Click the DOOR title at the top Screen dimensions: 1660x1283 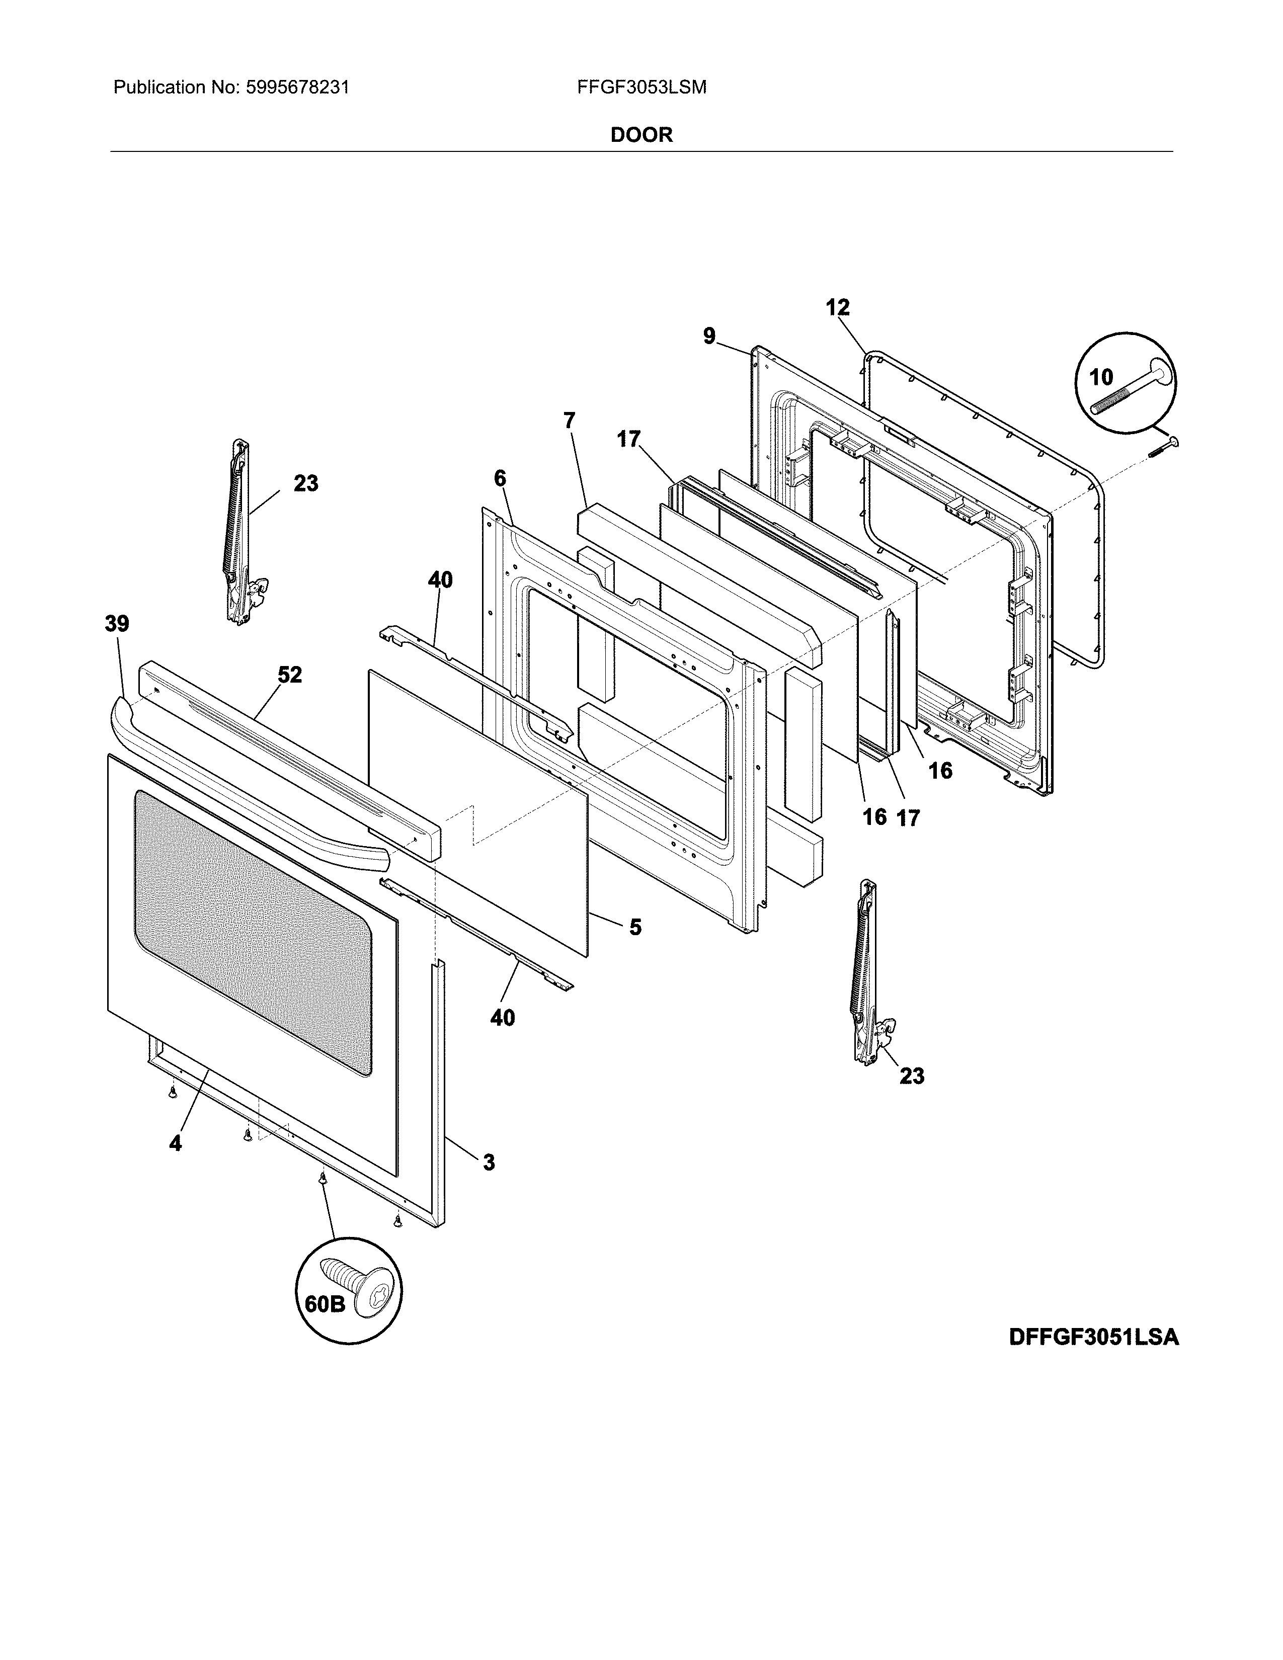tap(641, 135)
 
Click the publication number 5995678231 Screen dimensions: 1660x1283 tap(297, 88)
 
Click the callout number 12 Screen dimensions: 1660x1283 tap(838, 308)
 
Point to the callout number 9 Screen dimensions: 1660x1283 tap(709, 336)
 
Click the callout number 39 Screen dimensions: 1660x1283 tap(117, 624)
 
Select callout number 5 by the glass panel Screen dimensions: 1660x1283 tap(635, 927)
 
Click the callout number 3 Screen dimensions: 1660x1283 tap(489, 1162)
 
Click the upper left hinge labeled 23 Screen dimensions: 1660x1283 tap(240, 532)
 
